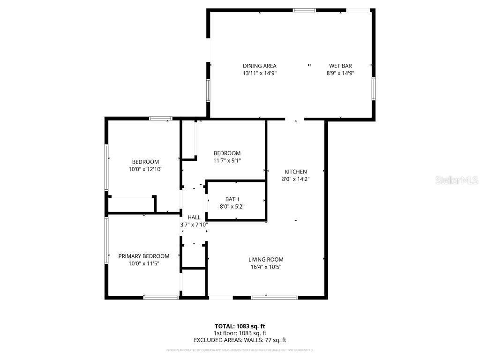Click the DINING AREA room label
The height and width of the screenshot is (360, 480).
pyautogui.click(x=259, y=66)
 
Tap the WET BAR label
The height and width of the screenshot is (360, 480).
pyautogui.click(x=340, y=66)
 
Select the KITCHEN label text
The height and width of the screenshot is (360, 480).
pyautogui.click(x=296, y=172)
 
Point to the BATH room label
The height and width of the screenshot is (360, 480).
pyautogui.click(x=232, y=199)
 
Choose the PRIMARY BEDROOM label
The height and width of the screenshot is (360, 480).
pyautogui.click(x=143, y=256)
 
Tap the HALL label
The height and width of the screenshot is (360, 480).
pyautogui.click(x=194, y=217)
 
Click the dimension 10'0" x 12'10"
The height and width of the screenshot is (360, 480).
pyautogui.click(x=145, y=169)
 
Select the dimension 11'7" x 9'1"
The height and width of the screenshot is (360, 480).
pyautogui.click(x=227, y=161)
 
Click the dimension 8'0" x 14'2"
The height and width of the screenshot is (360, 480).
pyautogui.click(x=296, y=179)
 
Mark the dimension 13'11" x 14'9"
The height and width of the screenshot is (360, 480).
pyautogui.click(x=259, y=73)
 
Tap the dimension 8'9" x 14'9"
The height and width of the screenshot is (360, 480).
pyautogui.click(x=340, y=73)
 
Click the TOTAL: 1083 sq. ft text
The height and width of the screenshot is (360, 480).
pyautogui.click(x=240, y=326)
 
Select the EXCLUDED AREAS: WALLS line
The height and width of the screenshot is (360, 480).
pyautogui.click(x=240, y=340)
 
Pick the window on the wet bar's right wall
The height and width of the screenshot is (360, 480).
pyautogui.click(x=374, y=89)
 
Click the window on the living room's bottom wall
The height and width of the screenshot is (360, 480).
pyautogui.click(x=274, y=297)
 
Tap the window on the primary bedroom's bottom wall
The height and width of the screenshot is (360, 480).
pyautogui.click(x=161, y=297)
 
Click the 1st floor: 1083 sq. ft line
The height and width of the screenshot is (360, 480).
pyautogui.click(x=240, y=333)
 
